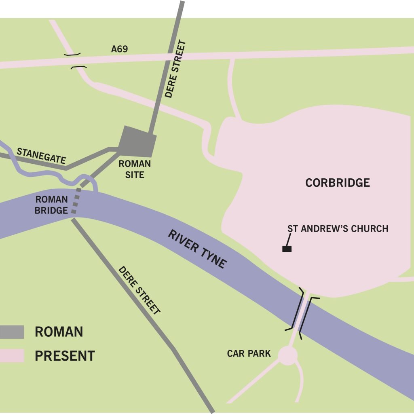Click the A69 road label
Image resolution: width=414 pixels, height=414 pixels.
(x=119, y=49)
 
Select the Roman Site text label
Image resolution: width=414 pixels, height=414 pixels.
(x=135, y=169)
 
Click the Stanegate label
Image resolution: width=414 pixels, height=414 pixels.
(x=41, y=156)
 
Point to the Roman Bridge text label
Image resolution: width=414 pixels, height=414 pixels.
(x=52, y=205)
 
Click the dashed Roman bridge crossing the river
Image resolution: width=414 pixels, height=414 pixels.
(x=76, y=203)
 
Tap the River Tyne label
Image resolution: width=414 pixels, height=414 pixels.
(x=197, y=249)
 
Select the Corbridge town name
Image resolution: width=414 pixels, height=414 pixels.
(x=338, y=183)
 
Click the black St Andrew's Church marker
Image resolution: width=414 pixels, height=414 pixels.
(x=287, y=249)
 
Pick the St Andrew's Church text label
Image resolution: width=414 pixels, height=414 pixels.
(x=338, y=229)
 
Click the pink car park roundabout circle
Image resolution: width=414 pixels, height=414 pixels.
(x=288, y=355)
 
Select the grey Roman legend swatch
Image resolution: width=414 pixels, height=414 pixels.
(x=12, y=332)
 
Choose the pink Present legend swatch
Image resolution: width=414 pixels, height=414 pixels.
(x=12, y=356)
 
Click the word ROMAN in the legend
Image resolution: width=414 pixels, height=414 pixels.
(x=59, y=332)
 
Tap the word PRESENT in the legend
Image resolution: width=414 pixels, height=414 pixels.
(x=65, y=356)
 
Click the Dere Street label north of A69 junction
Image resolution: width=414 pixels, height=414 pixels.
(x=175, y=69)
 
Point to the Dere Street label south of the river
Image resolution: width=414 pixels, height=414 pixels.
(x=139, y=290)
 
